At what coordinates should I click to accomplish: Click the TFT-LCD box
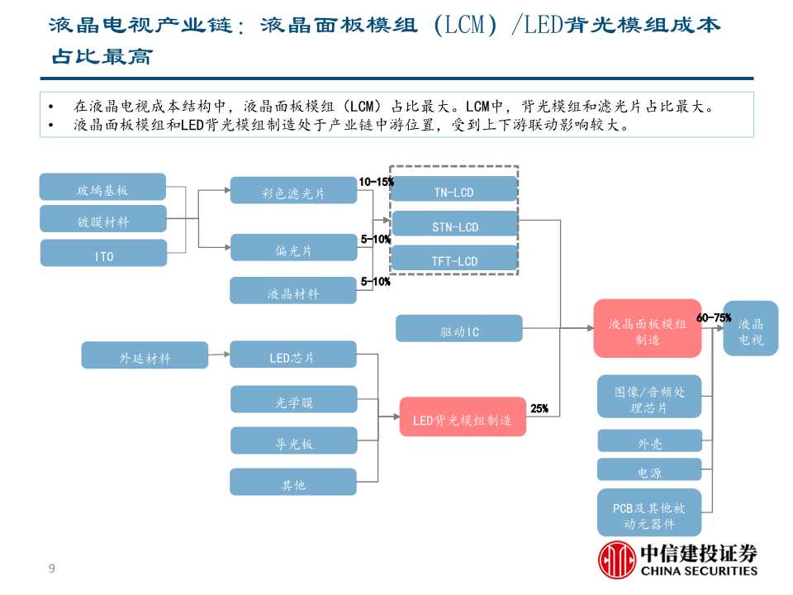click(453, 259)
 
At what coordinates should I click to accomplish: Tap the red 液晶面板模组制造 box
click(647, 328)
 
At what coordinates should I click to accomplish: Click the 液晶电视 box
click(750, 329)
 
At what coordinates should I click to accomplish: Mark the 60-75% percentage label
click(714, 317)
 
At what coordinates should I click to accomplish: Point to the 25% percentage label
click(539, 408)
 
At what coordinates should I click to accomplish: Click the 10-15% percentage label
click(376, 181)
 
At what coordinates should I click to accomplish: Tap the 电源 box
click(649, 471)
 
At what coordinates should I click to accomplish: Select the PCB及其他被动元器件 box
click(649, 513)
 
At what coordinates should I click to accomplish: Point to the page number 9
click(52, 568)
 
